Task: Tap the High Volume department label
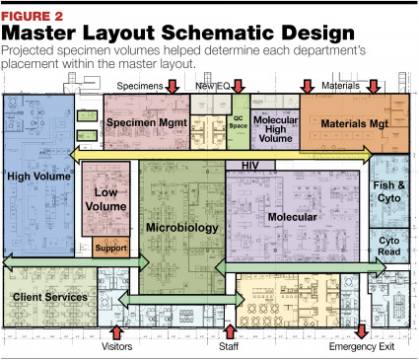pyautogui.click(x=38, y=176)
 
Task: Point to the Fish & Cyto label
pyautogui.click(x=389, y=189)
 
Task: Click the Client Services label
pyautogui.click(x=50, y=296)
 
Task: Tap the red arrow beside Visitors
pyautogui.click(x=116, y=332)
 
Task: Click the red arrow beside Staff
pyautogui.click(x=230, y=332)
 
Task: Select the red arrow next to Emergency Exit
pyautogui.click(x=360, y=332)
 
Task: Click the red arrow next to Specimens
pyautogui.click(x=172, y=89)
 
